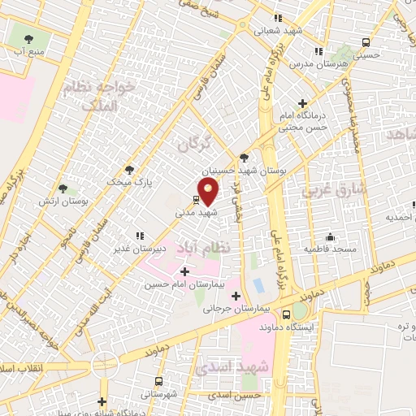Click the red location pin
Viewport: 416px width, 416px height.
point(210,193)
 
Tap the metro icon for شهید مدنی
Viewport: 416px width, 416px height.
point(197,198)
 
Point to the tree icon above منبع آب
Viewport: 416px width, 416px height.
point(30,37)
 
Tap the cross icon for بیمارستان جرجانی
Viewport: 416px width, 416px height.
point(235,296)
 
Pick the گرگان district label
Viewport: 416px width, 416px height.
point(195,144)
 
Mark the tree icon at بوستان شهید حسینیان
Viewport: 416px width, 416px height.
point(245,158)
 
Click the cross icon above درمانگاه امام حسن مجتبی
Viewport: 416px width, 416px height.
point(302,103)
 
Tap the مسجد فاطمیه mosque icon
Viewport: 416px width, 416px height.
point(331,236)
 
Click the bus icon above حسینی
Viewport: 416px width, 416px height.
point(366,42)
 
